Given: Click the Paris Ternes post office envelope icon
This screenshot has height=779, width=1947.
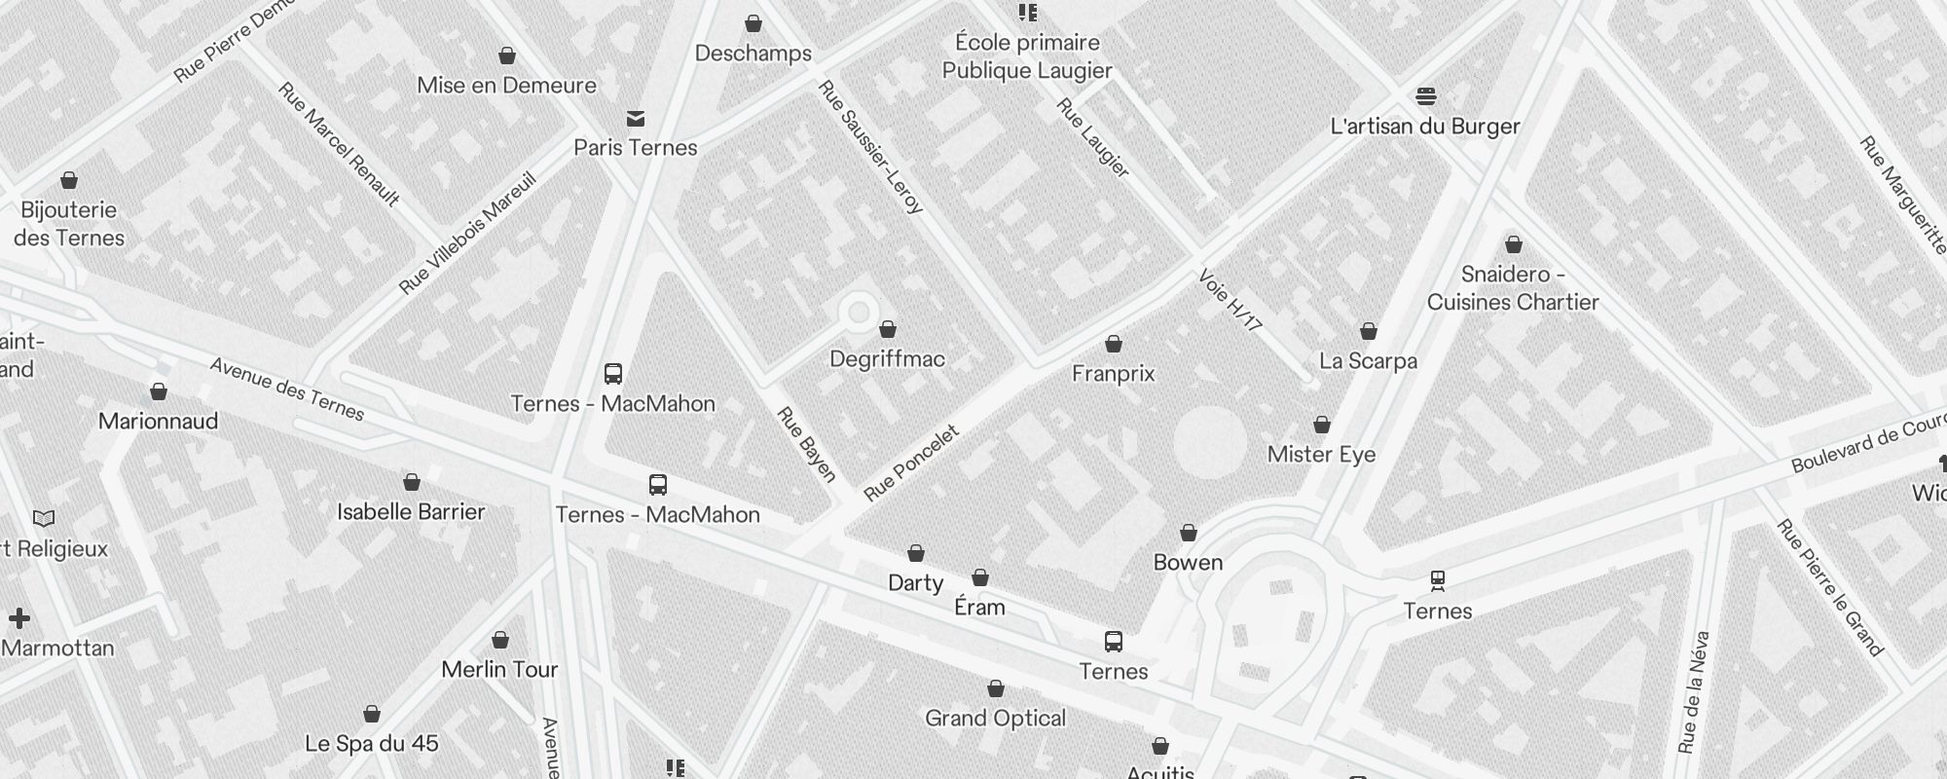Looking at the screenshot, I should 636,119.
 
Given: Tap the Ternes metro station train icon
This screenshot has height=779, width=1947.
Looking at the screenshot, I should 1438,581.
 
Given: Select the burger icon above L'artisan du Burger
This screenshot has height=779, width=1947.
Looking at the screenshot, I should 1426,95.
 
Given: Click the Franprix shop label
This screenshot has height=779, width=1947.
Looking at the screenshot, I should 1113,374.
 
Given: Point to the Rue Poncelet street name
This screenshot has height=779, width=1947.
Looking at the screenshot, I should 911,464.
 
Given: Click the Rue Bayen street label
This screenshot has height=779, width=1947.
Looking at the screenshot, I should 807,444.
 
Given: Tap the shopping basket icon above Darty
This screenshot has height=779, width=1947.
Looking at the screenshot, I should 916,553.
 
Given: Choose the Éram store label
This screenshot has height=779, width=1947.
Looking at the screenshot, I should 979,608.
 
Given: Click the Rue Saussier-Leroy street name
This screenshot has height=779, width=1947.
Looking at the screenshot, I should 870,146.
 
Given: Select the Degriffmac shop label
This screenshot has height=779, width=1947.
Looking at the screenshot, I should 887,359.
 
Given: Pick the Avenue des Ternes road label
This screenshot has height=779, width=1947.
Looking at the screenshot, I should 287,389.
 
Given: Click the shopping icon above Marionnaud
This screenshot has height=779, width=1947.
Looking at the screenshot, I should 159,391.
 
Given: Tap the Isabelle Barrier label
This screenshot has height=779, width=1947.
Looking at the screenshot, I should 411,512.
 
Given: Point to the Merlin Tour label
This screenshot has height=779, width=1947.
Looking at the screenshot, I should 499,670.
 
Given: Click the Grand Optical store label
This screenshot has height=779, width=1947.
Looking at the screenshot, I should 995,719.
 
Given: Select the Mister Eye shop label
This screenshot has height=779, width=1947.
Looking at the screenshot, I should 1321,455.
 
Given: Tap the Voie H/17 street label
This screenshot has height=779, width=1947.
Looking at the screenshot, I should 1231,300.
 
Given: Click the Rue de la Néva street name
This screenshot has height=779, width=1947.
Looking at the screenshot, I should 1695,691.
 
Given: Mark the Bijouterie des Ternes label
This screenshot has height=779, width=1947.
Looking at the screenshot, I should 69,224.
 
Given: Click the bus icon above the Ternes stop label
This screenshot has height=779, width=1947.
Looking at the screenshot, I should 1114,642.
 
